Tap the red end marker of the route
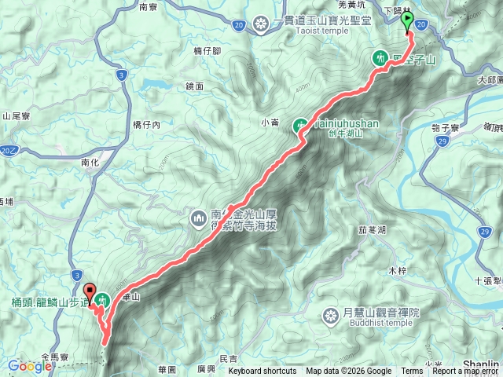(88, 292)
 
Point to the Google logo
(30, 366)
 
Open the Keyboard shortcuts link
(263, 372)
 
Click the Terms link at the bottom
(411, 372)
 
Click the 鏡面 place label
(196, 86)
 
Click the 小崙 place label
(270, 123)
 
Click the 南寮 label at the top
(149, 6)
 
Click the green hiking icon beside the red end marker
(102, 298)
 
